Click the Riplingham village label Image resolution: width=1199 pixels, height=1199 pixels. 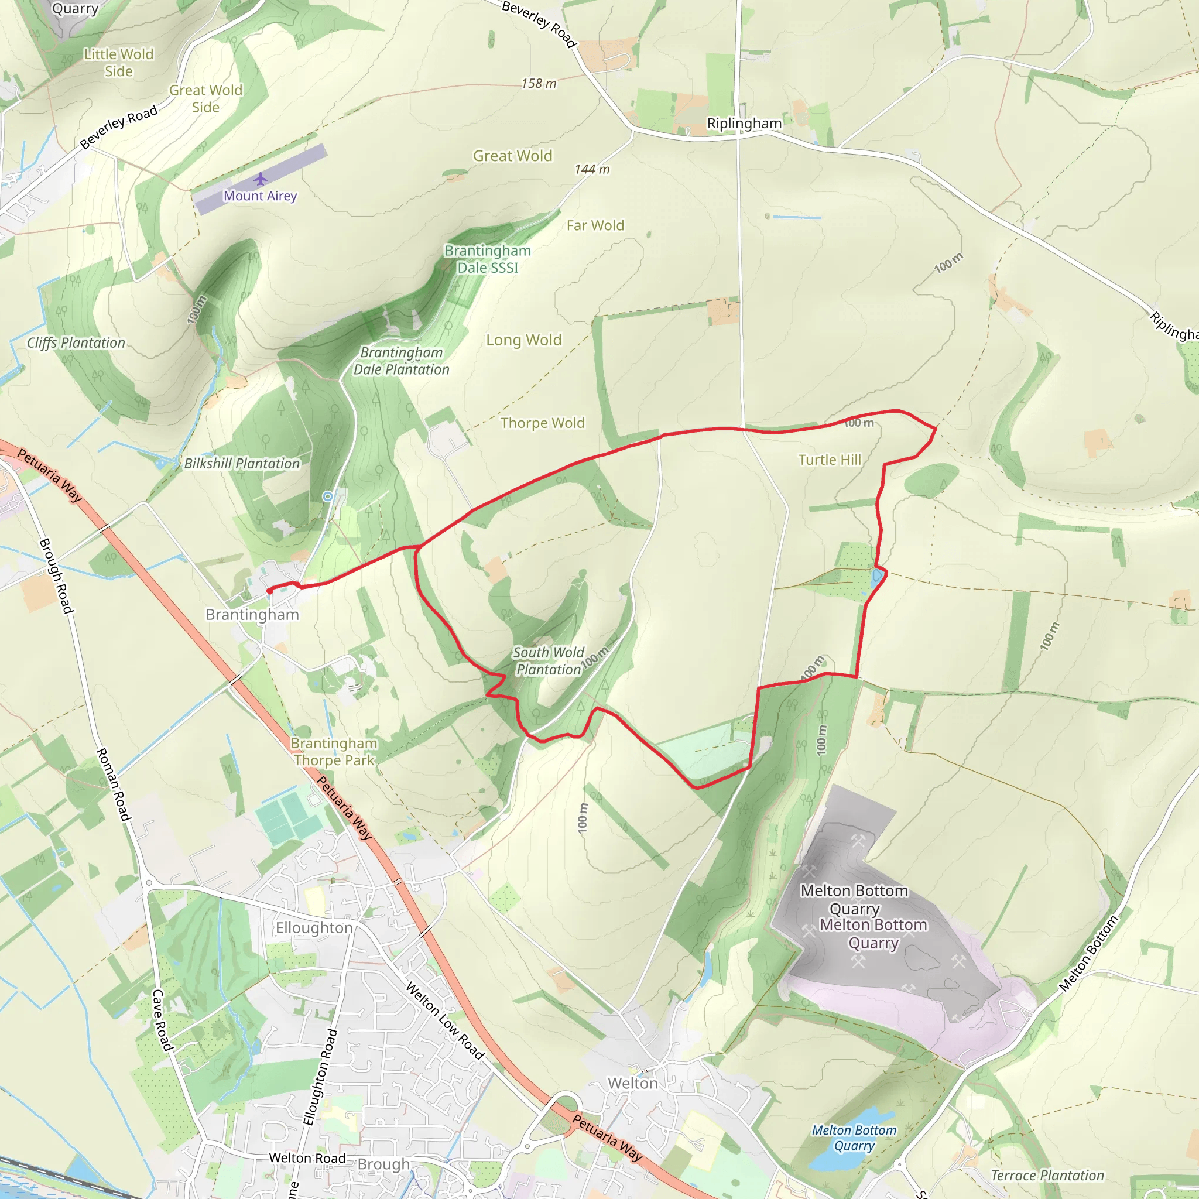pyautogui.click(x=744, y=123)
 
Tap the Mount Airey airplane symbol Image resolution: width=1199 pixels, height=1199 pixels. pyautogui.click(x=261, y=179)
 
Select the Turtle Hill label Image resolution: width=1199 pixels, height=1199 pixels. pyautogui.click(x=830, y=460)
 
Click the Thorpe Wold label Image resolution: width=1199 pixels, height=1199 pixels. pyautogui.click(x=542, y=423)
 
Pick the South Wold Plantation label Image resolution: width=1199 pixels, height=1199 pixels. pyautogui.click(x=549, y=661)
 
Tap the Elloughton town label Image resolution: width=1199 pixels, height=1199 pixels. pyautogui.click(x=314, y=928)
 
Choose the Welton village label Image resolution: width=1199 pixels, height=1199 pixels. pyautogui.click(x=632, y=1083)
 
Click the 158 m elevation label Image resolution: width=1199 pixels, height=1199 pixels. pyautogui.click(x=539, y=83)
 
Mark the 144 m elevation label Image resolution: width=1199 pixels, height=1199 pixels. pyautogui.click(x=592, y=169)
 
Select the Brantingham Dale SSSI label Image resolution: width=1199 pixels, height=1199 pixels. pyautogui.click(x=488, y=259)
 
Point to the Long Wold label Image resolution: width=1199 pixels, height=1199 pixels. pyautogui.click(x=523, y=340)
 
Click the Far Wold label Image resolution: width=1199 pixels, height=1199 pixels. pyautogui.click(x=595, y=225)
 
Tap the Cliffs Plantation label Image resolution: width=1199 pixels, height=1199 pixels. pyautogui.click(x=76, y=342)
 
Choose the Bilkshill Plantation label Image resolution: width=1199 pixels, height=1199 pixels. pyautogui.click(x=242, y=464)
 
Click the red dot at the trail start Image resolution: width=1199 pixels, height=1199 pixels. pyautogui.click(x=269, y=591)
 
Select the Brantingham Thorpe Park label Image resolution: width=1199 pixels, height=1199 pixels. pyautogui.click(x=334, y=752)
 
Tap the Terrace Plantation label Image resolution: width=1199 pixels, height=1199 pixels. pyautogui.click(x=1047, y=1176)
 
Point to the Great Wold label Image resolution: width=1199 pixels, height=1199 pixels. pyautogui.click(x=513, y=156)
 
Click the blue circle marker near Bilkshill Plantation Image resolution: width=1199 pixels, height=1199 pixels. pyautogui.click(x=328, y=496)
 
